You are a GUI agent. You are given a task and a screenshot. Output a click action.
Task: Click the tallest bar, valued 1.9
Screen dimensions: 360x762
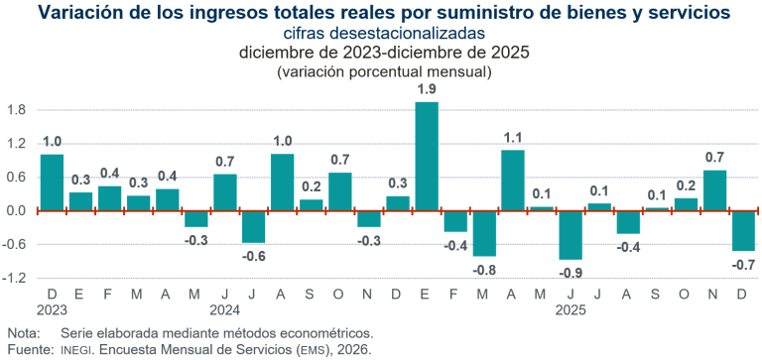click(427, 156)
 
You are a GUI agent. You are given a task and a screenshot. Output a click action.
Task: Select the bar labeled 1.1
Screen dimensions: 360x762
click(513, 180)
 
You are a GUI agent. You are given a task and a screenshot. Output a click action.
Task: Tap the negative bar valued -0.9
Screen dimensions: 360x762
click(571, 235)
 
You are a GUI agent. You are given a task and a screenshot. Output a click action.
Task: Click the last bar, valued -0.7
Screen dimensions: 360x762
click(743, 230)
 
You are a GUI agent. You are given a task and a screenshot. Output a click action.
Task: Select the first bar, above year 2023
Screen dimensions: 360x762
click(52, 181)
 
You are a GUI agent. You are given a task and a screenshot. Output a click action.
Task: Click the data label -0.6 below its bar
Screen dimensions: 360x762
click(254, 257)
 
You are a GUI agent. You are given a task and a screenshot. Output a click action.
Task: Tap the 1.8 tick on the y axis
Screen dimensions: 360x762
click(16, 110)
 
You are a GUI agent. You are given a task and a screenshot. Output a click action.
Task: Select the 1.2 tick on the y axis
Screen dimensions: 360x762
click(16, 144)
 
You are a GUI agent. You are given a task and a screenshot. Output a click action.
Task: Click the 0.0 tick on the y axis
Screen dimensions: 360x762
click(16, 211)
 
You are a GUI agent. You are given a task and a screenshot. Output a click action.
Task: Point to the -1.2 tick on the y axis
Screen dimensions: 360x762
click(14, 279)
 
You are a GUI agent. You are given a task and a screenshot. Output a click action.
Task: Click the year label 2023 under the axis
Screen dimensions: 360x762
click(52, 310)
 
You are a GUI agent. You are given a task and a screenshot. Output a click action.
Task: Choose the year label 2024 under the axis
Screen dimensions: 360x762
click(225, 310)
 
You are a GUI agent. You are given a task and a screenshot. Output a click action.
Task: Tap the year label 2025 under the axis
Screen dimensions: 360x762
click(571, 310)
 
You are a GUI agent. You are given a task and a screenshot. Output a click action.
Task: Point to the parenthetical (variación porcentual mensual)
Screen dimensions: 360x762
click(380, 72)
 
